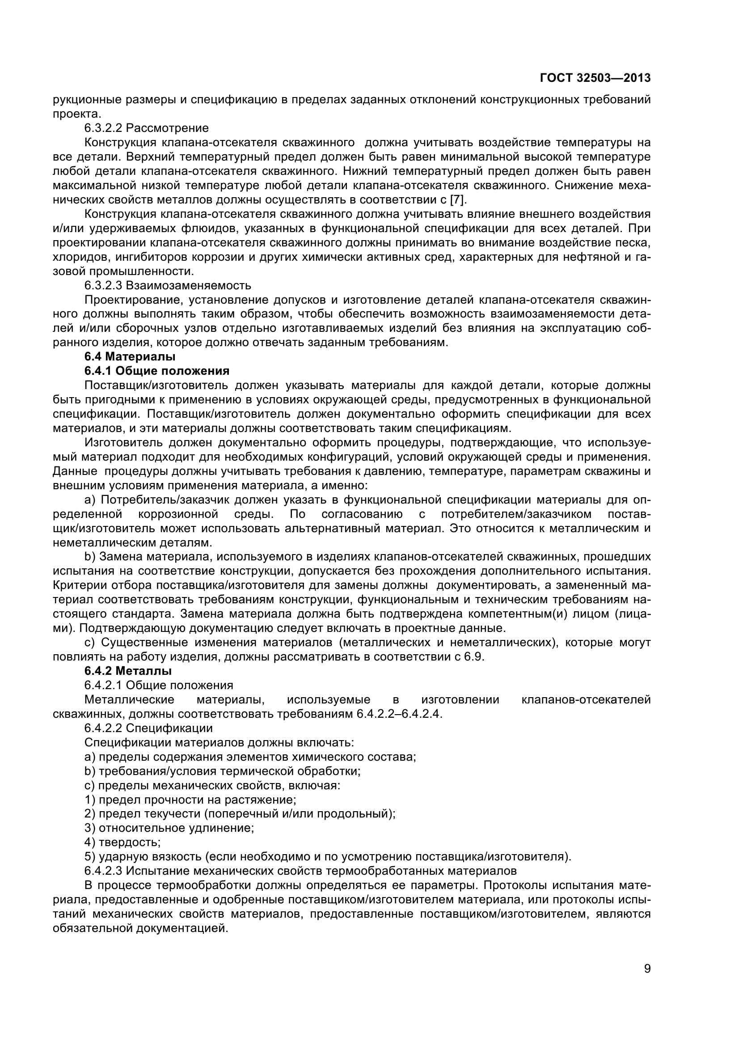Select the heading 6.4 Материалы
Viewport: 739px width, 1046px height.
click(x=130, y=357)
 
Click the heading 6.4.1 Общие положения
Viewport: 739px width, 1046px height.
click(x=156, y=371)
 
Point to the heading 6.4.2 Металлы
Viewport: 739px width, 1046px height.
click(x=128, y=671)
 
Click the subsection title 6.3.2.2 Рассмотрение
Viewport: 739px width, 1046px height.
click(x=146, y=128)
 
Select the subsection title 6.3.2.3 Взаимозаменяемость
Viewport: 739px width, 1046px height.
click(x=168, y=286)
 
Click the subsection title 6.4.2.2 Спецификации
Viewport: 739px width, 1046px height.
click(x=148, y=728)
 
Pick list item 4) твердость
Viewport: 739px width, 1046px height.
click(x=122, y=843)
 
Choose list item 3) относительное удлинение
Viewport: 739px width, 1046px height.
click(x=169, y=828)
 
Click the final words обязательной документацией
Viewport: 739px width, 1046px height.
click(x=140, y=928)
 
